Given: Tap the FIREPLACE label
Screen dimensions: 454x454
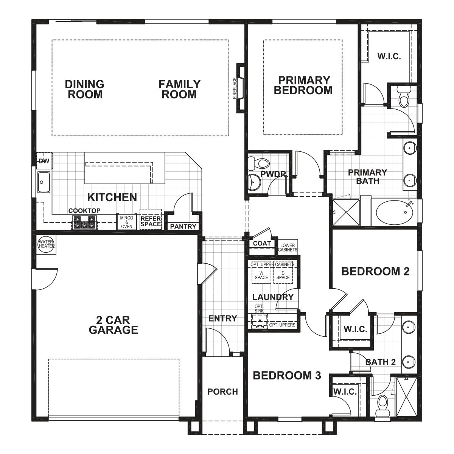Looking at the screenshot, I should pyautogui.click(x=235, y=88).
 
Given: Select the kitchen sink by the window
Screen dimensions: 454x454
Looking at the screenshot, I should pyautogui.click(x=44, y=182).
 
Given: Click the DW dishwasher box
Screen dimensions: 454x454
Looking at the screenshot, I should pyautogui.click(x=44, y=161).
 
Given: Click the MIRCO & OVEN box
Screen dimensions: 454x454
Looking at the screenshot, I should pyautogui.click(x=126, y=222).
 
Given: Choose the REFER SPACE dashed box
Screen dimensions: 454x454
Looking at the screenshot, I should pyautogui.click(x=151, y=219).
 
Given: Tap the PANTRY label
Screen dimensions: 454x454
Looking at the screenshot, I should pyautogui.click(x=183, y=227).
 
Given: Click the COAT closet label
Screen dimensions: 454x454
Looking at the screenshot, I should pyautogui.click(x=262, y=243).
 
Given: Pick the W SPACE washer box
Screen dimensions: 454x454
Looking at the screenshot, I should pyautogui.click(x=261, y=275).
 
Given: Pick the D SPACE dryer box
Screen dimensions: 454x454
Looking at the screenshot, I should pyautogui.click(x=283, y=275).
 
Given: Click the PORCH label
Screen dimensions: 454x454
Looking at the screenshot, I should pyautogui.click(x=222, y=392).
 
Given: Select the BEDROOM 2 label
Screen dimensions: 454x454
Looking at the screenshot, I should pyautogui.click(x=375, y=271).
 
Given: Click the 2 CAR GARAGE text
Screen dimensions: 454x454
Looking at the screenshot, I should pyautogui.click(x=113, y=324).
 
